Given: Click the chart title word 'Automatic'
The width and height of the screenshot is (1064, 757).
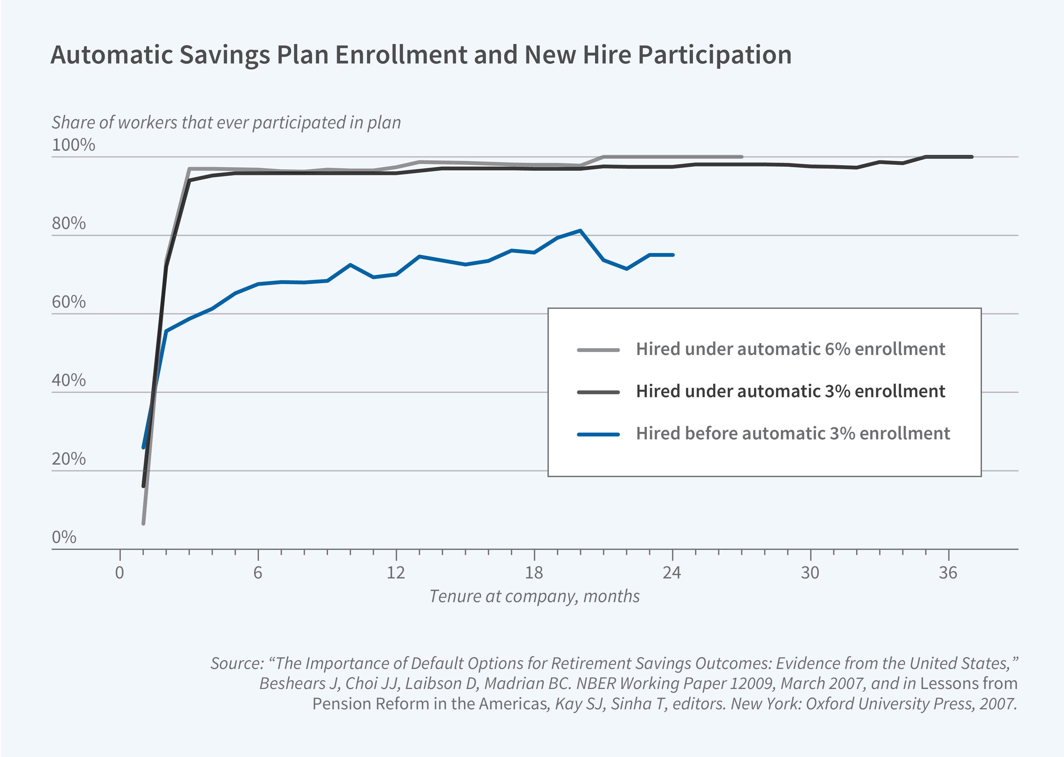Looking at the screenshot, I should [x=112, y=55].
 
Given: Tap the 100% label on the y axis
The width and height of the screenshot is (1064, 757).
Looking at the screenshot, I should [x=73, y=145].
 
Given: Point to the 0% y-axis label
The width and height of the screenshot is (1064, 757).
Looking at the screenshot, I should [x=64, y=537].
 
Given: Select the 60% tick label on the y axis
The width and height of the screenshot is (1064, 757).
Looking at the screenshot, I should [x=69, y=302].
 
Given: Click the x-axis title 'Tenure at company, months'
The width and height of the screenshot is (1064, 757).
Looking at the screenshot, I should [x=534, y=596].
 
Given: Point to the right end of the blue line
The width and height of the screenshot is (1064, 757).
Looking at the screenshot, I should [x=673, y=255].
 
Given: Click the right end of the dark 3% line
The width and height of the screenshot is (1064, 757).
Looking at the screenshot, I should [x=972, y=157].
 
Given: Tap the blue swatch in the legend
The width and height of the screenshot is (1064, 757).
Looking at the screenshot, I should [x=598, y=435].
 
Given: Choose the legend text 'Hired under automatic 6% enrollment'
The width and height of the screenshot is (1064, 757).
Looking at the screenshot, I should [x=790, y=349].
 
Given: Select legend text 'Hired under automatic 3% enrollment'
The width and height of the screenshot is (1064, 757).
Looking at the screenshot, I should [x=790, y=391].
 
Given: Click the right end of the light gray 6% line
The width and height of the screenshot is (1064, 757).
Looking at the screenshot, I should [x=742, y=157].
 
